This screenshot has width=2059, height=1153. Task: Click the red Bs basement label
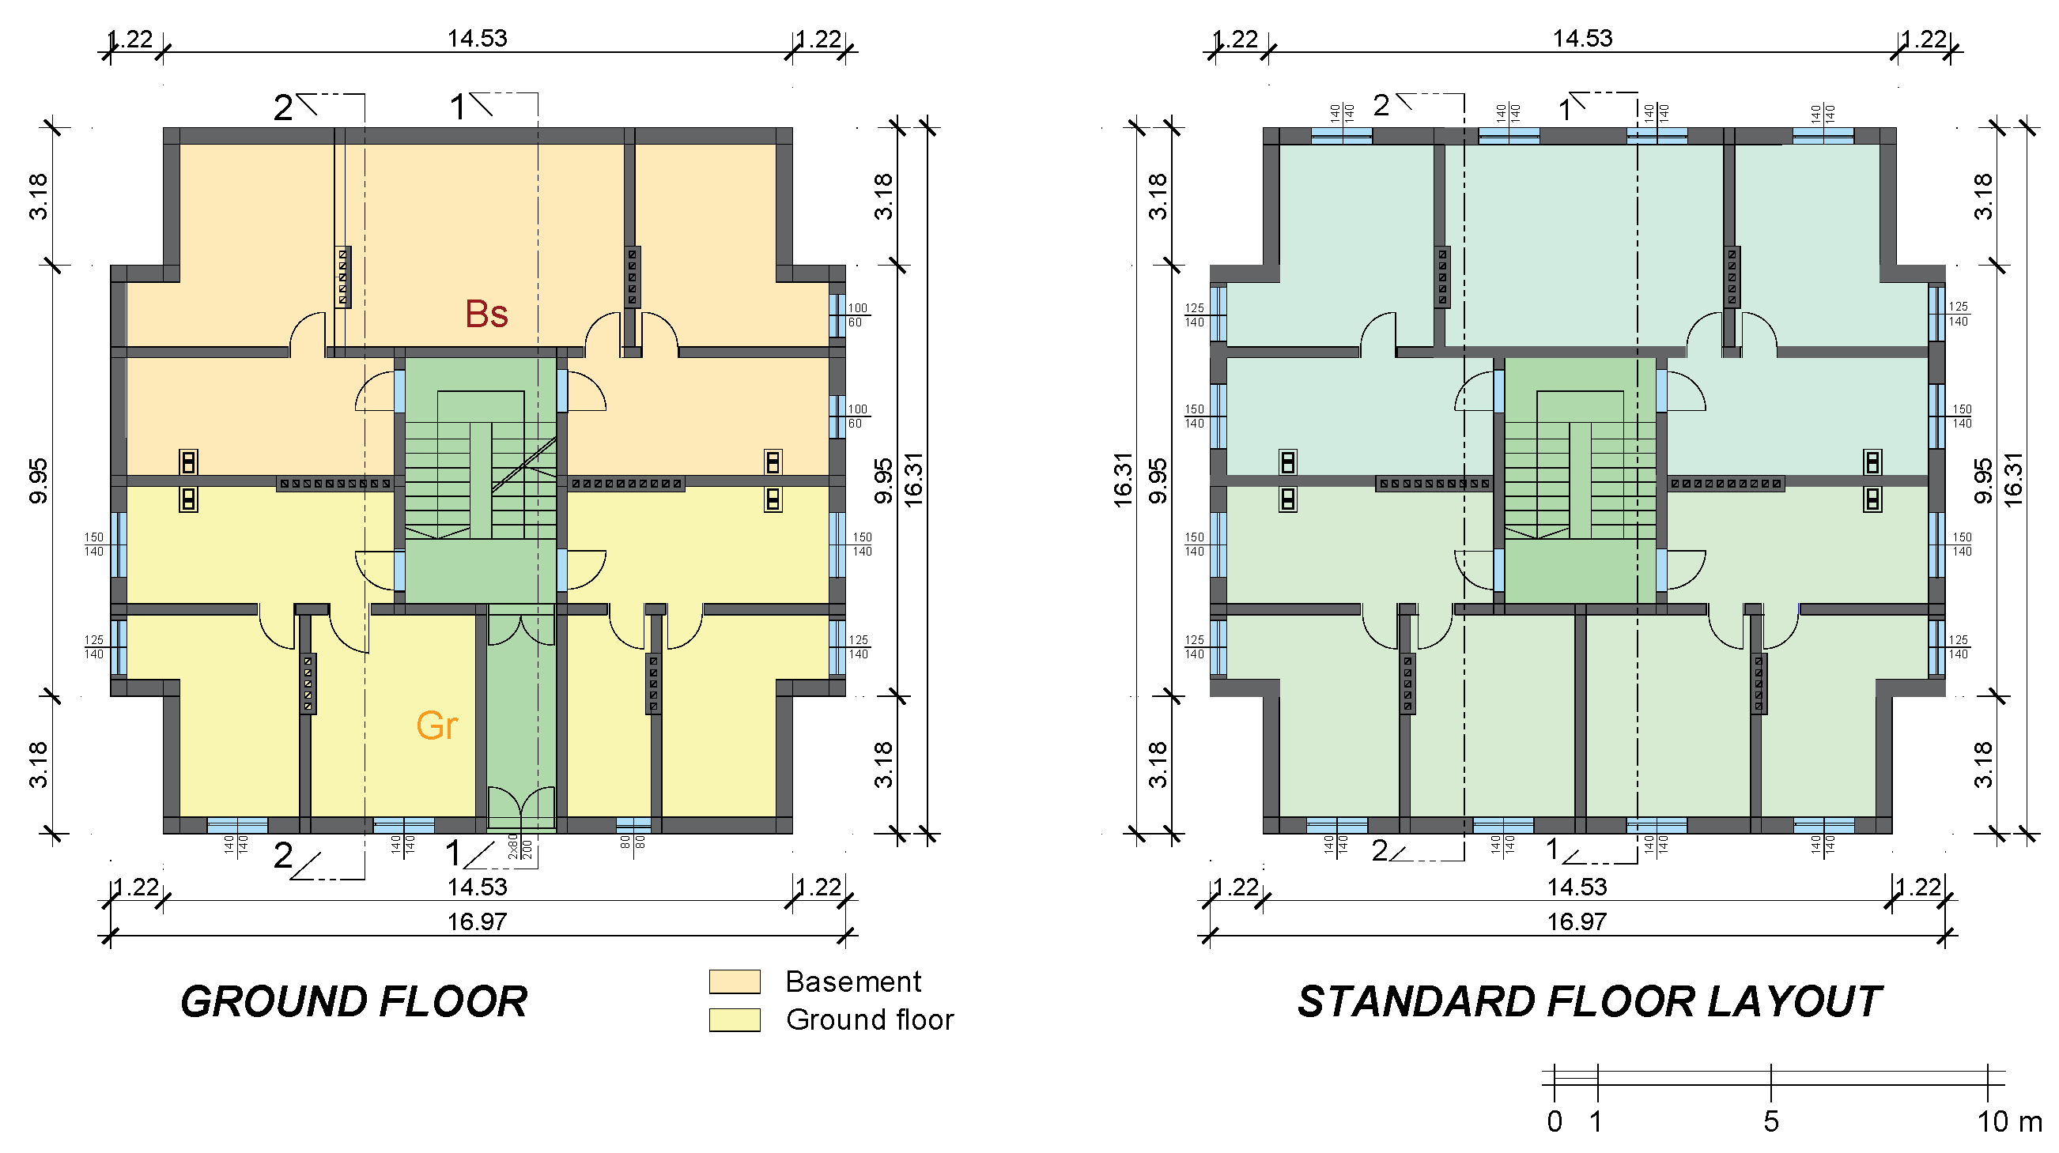tap(486, 314)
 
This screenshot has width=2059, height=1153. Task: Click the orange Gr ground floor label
tap(437, 725)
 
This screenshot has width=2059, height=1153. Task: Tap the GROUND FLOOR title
tap(354, 1002)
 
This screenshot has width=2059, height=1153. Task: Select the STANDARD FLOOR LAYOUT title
tap(1589, 1002)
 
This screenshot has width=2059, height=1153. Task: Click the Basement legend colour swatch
tap(735, 982)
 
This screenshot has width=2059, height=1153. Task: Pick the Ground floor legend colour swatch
tap(735, 1019)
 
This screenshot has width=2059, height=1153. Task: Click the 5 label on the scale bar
tap(1771, 1122)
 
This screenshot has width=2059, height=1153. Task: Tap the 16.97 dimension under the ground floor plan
tap(477, 922)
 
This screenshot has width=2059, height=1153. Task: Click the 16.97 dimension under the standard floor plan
tap(1577, 922)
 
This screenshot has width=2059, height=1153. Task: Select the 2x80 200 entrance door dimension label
tap(520, 846)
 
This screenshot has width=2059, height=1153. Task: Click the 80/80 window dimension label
tap(633, 841)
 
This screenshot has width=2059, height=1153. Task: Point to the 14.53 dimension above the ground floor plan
tap(477, 39)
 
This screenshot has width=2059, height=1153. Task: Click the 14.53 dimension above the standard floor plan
tap(1583, 39)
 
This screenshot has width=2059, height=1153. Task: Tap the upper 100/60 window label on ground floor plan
tap(857, 315)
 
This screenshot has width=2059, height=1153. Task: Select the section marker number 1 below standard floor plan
tap(1552, 850)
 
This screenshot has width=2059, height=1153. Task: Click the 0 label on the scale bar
tap(1555, 1122)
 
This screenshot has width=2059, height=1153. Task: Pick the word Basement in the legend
tap(854, 982)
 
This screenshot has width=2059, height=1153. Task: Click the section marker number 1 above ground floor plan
tap(458, 107)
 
